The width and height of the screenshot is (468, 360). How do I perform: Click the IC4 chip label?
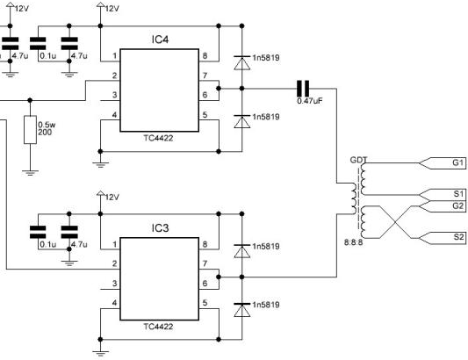[160, 40]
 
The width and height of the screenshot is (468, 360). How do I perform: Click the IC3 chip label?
[160, 228]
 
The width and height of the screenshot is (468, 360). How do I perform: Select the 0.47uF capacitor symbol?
[303, 89]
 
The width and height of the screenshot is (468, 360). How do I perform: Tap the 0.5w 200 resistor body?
[30, 130]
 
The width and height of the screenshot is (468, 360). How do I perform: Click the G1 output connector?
[443, 163]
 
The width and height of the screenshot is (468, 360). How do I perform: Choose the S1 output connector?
[443, 195]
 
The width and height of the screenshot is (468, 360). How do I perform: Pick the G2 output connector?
[443, 206]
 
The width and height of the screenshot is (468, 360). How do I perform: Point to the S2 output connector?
[443, 238]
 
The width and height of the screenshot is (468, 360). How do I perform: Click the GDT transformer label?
[358, 161]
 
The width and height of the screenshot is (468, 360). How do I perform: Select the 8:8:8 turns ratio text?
[353, 242]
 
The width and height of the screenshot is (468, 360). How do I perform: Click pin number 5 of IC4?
[205, 115]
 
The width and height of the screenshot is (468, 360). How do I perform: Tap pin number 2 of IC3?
[115, 264]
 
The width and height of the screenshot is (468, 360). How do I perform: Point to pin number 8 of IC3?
[205, 244]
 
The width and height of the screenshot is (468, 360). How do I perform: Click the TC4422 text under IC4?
[158, 138]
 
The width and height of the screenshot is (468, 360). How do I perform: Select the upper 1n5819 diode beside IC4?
[242, 62]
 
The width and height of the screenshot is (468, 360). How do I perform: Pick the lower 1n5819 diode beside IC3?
[242, 310]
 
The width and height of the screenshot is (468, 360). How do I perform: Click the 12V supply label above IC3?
[112, 198]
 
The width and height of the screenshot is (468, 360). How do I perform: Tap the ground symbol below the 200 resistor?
[30, 173]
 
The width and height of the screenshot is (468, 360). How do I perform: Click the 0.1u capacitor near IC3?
[38, 232]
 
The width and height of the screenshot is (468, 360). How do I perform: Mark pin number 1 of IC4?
[115, 56]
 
